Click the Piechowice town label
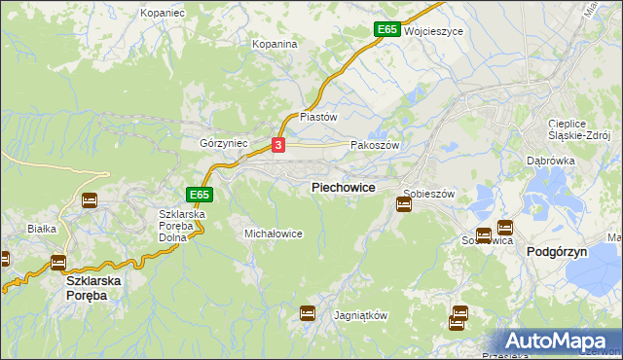(343, 187)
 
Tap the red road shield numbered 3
(278, 145)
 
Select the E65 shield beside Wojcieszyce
(387, 30)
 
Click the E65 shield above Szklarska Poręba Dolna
(200, 195)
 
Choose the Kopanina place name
(274, 44)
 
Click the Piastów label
(317, 116)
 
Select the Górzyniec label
(224, 143)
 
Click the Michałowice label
(273, 234)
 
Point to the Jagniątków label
(360, 316)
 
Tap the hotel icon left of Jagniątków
(308, 313)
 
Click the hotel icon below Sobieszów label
(404, 204)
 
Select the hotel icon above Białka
(90, 200)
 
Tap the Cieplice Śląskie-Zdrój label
(578, 129)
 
